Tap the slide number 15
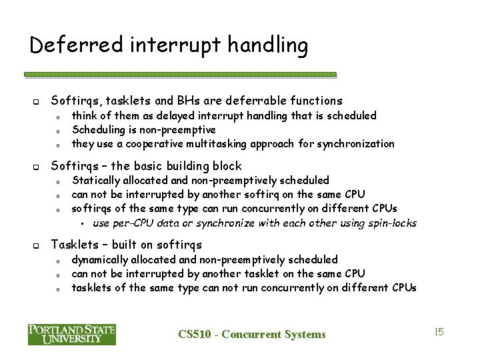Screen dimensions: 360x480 click(439, 331)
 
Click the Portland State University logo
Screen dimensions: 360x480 click(72, 334)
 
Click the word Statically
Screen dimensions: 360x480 click(95, 180)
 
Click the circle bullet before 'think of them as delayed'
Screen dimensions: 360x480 click(59, 117)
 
